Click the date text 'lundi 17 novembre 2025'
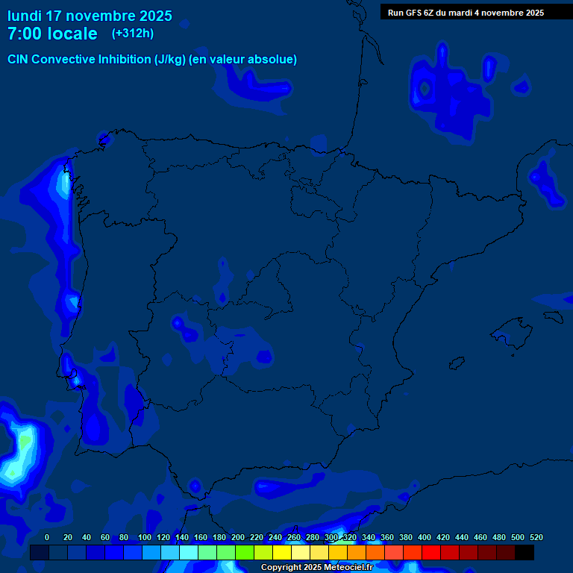pos(90,16)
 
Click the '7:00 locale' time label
pos(52,34)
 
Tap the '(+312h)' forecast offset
pos(132,34)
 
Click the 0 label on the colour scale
pos(47,537)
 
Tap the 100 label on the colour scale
pos(145,537)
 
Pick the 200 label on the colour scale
pos(238,537)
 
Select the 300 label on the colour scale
pos(331,537)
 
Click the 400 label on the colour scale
pos(425,537)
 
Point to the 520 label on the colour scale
pos(536,537)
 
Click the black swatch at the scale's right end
pos(525,553)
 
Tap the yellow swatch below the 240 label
pos(282,553)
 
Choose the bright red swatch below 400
pos(431,553)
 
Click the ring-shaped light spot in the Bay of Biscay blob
pos(426,89)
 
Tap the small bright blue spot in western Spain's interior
pos(178,323)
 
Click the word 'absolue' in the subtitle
pos(272,60)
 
